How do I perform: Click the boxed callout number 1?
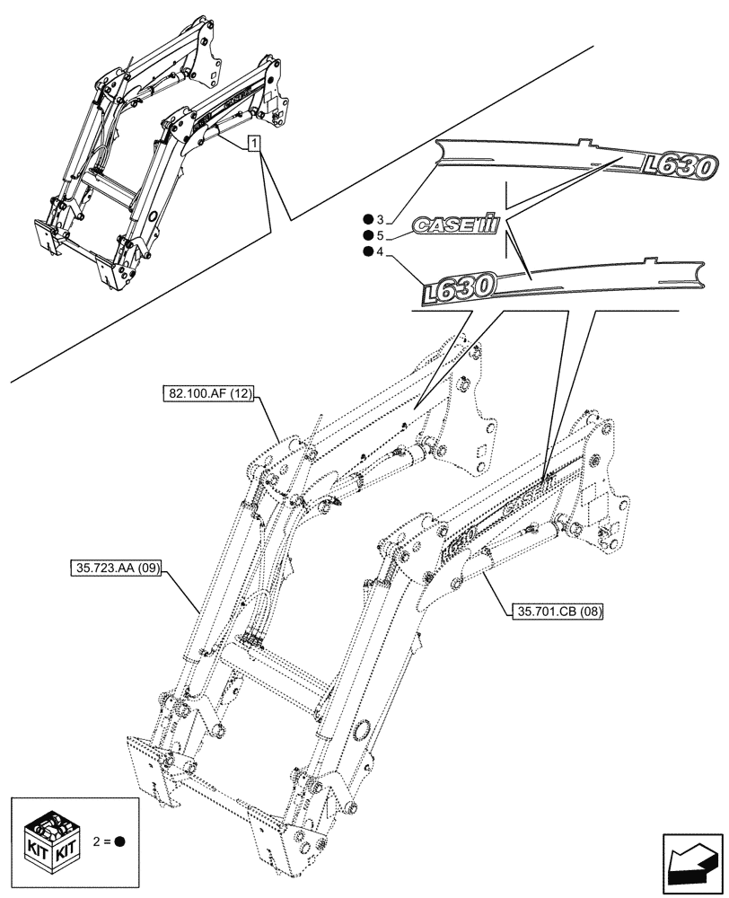coord(255,143)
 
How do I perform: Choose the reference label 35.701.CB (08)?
coord(558,612)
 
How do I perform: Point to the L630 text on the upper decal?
coord(680,165)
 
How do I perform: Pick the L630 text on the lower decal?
coord(459,289)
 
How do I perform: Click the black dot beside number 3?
coord(368,220)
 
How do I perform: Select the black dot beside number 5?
coord(368,236)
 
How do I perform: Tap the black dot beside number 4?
coord(368,252)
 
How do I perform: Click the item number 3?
coord(381,220)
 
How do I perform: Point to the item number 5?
coord(381,236)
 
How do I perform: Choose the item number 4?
coord(381,252)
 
